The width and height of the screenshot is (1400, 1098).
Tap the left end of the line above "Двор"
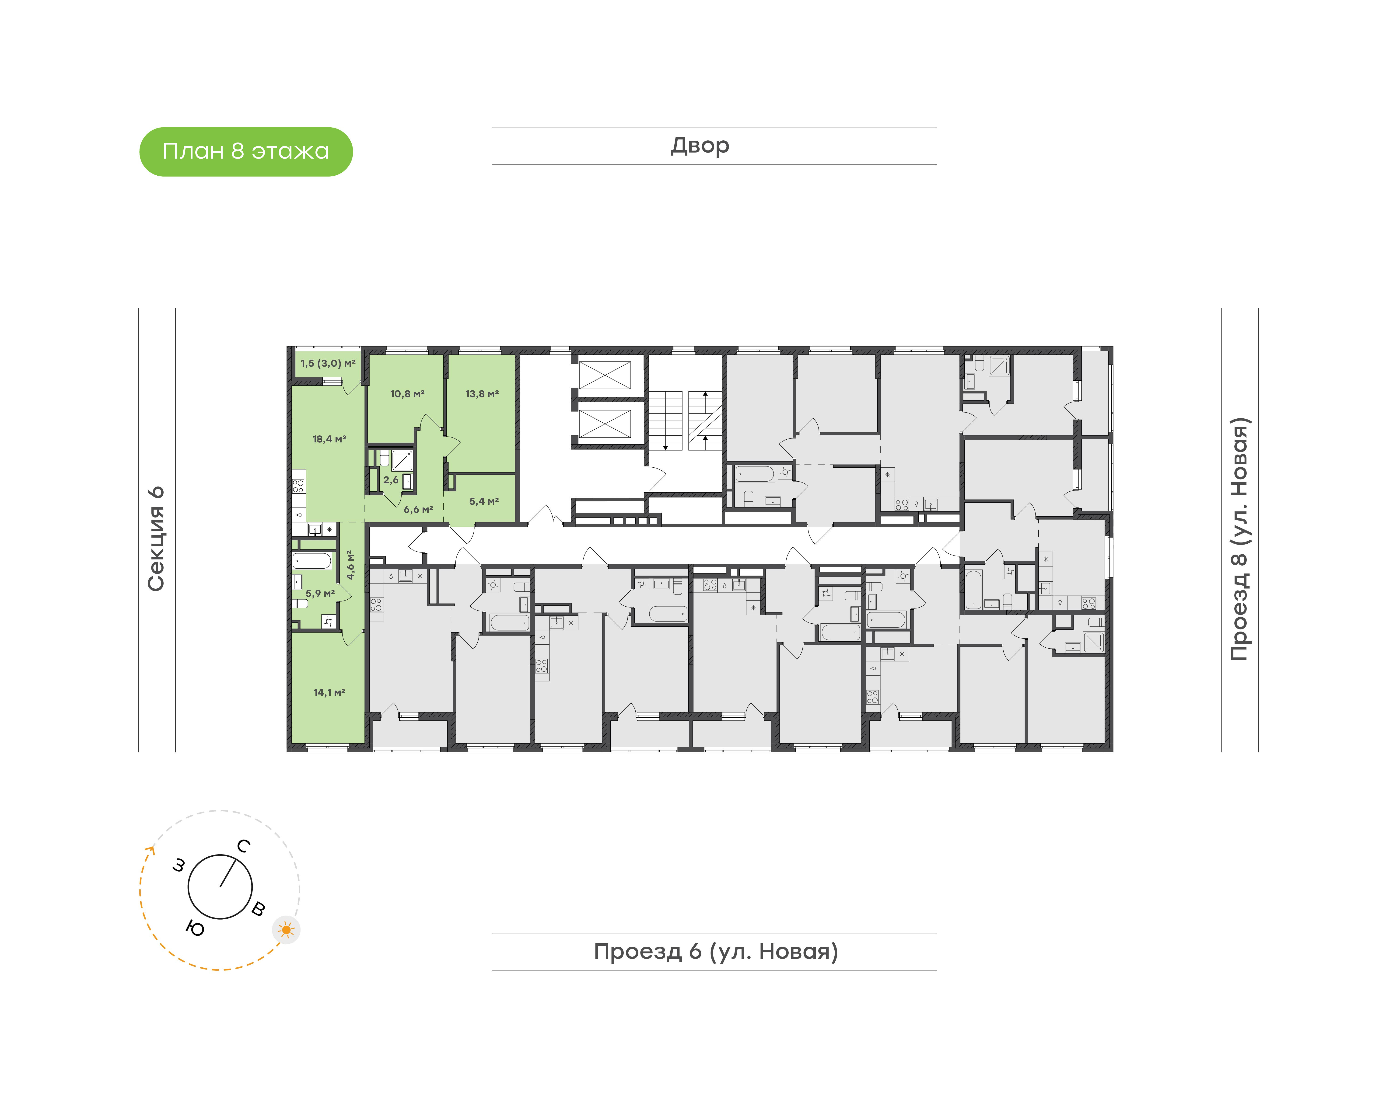tap(493, 128)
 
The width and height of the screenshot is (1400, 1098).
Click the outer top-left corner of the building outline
tap(287, 347)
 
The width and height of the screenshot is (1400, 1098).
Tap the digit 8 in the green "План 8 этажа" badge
tap(238, 151)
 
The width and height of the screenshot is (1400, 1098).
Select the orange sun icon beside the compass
tap(286, 930)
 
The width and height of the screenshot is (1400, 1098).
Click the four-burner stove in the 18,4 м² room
tap(298, 485)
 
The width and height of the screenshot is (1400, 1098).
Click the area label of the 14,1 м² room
tap(329, 692)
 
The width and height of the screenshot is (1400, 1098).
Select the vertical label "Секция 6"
tap(156, 539)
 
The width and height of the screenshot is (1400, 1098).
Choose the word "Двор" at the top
tap(700, 146)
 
